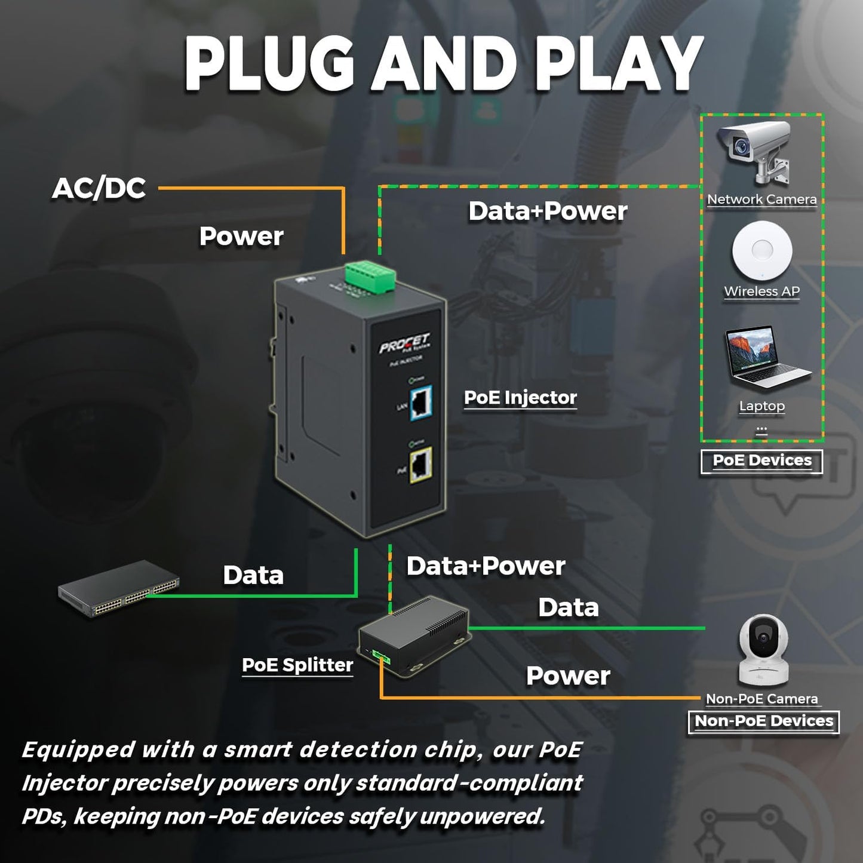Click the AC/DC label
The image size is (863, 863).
(x=99, y=188)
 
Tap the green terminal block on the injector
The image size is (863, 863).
(x=370, y=278)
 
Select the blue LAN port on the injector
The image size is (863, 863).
(x=421, y=403)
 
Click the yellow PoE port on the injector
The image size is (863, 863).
(x=420, y=464)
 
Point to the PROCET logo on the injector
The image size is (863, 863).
(x=404, y=344)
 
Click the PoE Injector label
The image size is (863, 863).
(x=520, y=398)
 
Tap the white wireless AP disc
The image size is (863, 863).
(x=762, y=251)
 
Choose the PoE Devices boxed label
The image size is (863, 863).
(x=761, y=461)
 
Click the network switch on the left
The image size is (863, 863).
(x=118, y=588)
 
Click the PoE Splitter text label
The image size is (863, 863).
(x=297, y=665)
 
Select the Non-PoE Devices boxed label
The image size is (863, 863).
(x=763, y=721)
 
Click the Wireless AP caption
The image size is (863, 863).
(x=761, y=291)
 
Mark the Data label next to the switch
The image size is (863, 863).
(x=253, y=575)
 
